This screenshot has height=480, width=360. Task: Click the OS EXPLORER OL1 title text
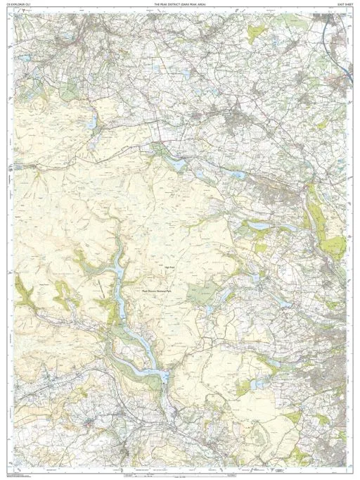pos(20,4)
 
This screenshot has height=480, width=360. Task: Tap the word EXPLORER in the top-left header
pos(20,4)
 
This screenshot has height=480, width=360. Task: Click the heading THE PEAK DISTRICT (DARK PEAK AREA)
pos(180,4)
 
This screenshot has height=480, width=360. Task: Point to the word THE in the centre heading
pos(156,4)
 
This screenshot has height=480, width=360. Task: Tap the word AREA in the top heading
pos(201,4)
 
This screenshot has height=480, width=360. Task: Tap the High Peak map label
pos(169,267)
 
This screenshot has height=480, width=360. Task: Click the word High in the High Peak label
pos(166,267)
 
